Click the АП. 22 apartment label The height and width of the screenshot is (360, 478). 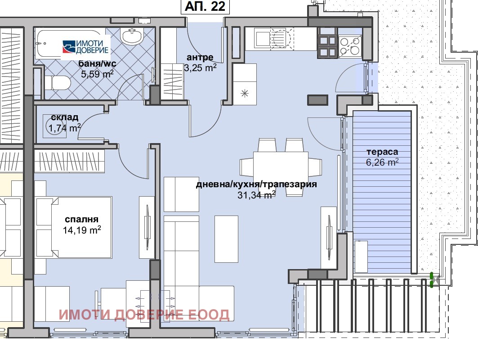click(x=205, y=6)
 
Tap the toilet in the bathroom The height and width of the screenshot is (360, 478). click(x=58, y=83)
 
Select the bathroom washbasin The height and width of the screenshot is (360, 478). click(x=132, y=36)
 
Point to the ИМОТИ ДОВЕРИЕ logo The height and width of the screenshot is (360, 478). click(x=85, y=47)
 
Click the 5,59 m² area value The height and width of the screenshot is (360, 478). click(x=97, y=73)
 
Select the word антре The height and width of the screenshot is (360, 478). click(x=200, y=57)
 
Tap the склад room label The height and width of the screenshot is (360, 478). click(x=65, y=117)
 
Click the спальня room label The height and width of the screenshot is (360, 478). click(x=82, y=219)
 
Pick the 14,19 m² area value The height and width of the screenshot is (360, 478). click(x=82, y=230)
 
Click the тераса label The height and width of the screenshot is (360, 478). click(x=382, y=152)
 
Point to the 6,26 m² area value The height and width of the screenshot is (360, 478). click(x=382, y=162)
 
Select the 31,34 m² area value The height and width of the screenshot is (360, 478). click(x=256, y=195)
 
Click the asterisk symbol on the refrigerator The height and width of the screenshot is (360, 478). click(x=245, y=93)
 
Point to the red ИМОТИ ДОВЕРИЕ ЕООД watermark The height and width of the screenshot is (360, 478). click(x=144, y=315)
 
